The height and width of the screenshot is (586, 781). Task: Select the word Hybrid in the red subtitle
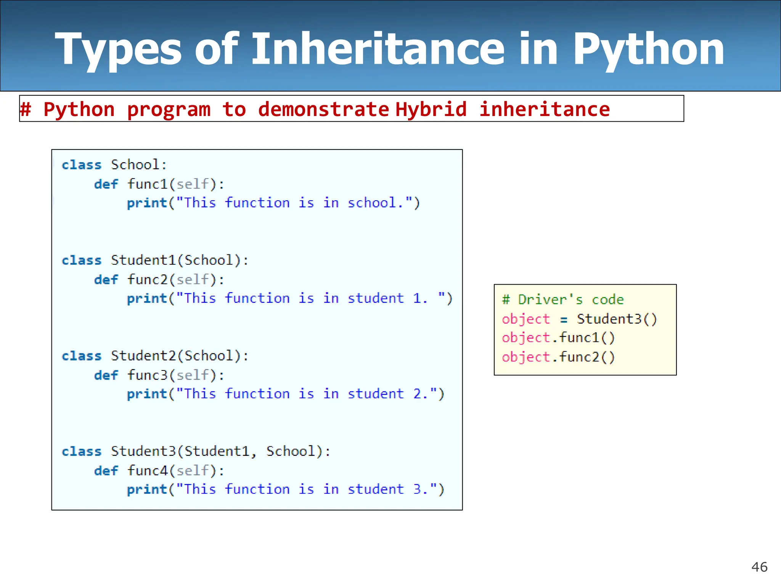click(431, 109)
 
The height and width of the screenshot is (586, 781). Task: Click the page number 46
click(759, 567)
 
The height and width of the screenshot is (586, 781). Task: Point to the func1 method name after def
click(147, 184)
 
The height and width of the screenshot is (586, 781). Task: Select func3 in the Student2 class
click(147, 375)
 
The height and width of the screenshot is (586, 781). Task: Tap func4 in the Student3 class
click(147, 470)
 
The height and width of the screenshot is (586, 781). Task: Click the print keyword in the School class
click(147, 203)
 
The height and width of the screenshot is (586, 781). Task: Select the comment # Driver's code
click(563, 299)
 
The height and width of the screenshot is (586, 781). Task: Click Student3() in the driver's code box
click(617, 319)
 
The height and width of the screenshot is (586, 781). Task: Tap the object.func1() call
click(558, 338)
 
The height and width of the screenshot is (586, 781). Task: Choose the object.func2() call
click(558, 357)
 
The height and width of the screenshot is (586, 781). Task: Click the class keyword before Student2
click(82, 356)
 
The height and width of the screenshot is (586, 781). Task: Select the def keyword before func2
click(106, 280)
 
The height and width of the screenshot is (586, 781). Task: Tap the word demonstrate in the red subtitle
click(323, 109)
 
